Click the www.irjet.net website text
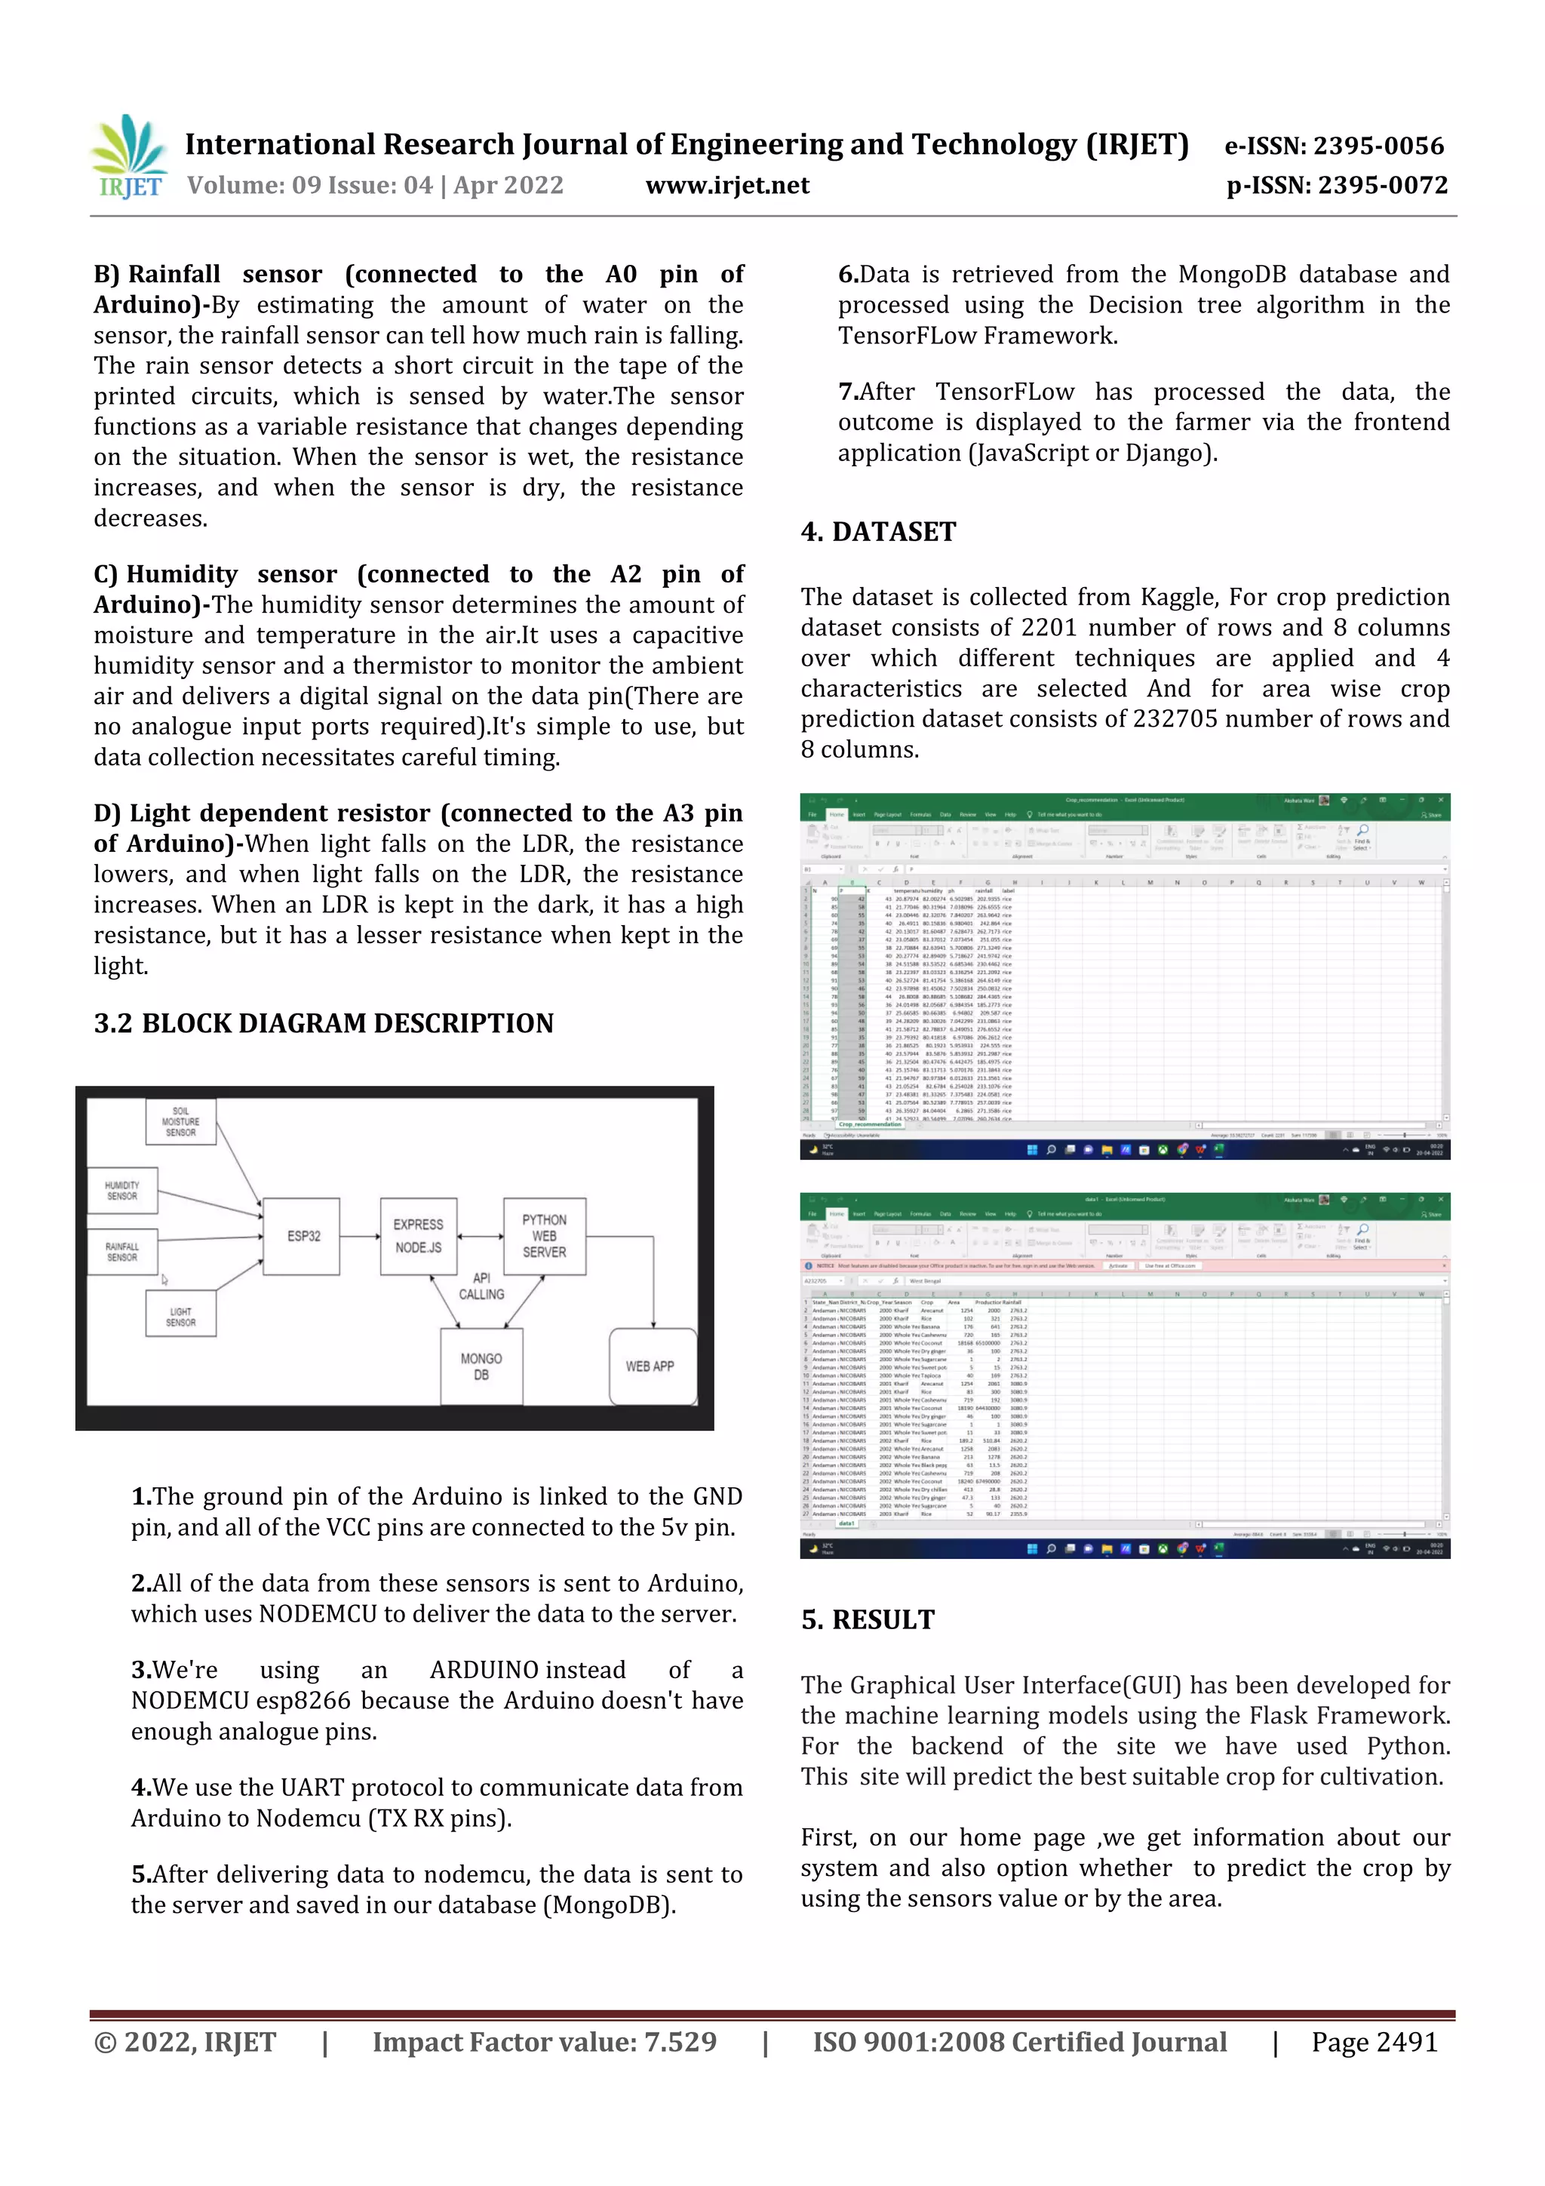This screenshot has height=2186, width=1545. pyautogui.click(x=727, y=186)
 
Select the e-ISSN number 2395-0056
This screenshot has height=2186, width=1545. pyautogui.click(x=1378, y=146)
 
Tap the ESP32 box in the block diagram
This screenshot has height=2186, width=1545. pyautogui.click(x=303, y=1236)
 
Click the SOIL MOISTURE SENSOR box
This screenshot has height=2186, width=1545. pyautogui.click(x=181, y=1121)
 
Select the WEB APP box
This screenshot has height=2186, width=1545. pyautogui.click(x=650, y=1367)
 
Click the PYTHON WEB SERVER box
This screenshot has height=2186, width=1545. pyautogui.click(x=544, y=1236)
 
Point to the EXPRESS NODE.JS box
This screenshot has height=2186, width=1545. pyautogui.click(x=418, y=1236)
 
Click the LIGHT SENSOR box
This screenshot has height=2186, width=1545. pyautogui.click(x=181, y=1317)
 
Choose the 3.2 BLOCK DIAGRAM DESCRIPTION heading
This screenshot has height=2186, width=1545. pyautogui.click(x=324, y=1023)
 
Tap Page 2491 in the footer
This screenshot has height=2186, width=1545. pyautogui.click(x=1374, y=2042)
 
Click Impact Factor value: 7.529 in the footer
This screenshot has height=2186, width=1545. pyautogui.click(x=544, y=2042)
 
